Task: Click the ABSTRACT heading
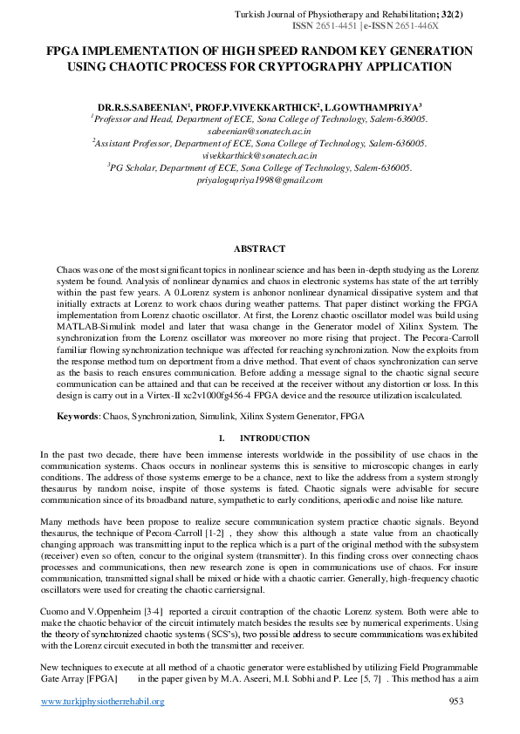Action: pos(260,249)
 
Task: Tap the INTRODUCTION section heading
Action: pos(274,438)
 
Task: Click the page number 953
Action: pos(455,701)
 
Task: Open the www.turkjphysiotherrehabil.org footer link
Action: pos(103,702)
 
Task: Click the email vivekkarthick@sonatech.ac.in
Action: pos(259,154)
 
